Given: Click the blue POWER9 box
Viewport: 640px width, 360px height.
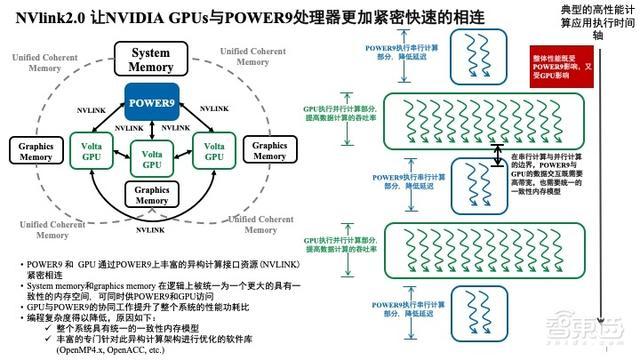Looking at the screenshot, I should point(151,101).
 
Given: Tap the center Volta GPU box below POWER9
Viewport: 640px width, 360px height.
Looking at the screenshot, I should point(151,159).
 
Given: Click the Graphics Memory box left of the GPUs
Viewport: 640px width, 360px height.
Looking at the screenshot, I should point(31,150).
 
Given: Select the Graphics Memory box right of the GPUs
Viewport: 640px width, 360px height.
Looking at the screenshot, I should point(269,150).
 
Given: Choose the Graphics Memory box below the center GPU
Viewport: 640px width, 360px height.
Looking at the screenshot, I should point(151,194).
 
